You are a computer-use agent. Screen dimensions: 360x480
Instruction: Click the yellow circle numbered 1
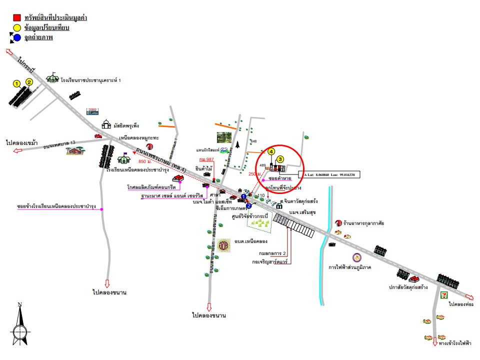tap(16, 83)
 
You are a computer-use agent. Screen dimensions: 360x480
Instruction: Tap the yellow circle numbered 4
tap(271, 151)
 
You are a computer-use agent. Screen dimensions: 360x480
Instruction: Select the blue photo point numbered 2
tap(248, 205)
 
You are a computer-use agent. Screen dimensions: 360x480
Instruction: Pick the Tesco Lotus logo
tap(92, 111)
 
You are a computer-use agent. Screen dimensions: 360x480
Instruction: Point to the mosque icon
tap(106, 124)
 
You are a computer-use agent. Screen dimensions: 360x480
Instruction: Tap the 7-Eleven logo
tap(442, 294)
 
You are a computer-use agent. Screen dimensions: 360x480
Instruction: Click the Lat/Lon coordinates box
tap(329, 175)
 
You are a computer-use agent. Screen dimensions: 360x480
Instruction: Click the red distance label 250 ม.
tap(254, 173)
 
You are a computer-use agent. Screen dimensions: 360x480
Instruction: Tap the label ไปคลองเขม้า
tap(22, 142)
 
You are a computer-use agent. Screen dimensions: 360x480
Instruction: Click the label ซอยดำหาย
tap(280, 178)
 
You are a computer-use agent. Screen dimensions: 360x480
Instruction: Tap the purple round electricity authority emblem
tap(357, 258)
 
